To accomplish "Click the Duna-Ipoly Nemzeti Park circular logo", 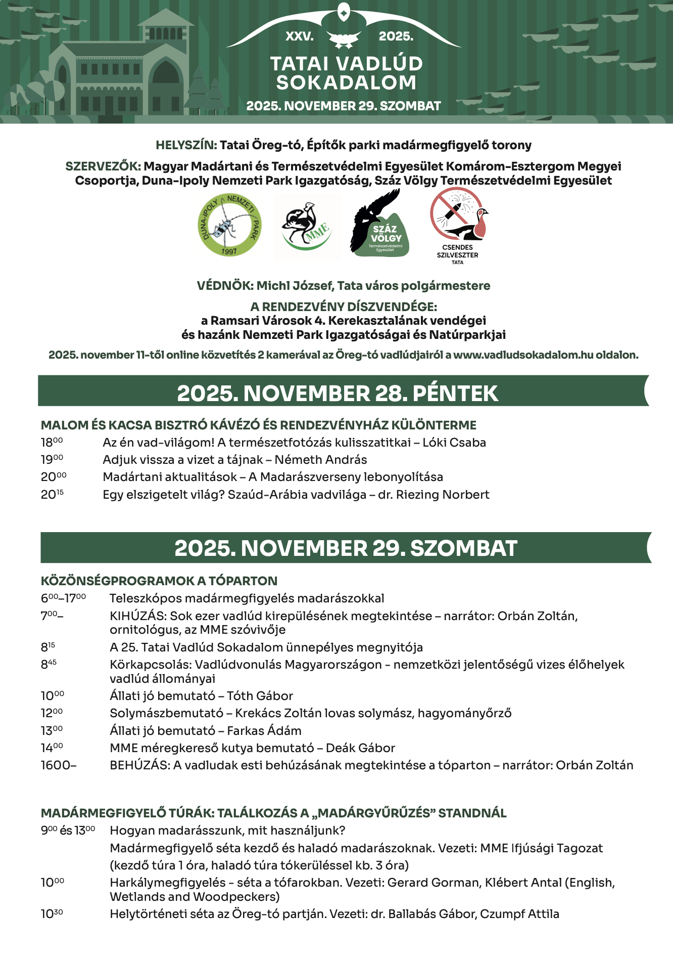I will (x=229, y=225).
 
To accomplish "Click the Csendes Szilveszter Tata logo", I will (x=458, y=225).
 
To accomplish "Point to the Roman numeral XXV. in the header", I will (x=300, y=36).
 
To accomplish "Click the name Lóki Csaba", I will (x=454, y=443).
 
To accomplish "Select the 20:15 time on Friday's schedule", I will (x=52, y=495).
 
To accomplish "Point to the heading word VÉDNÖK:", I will (x=225, y=286).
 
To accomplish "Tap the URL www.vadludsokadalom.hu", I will (x=523, y=355).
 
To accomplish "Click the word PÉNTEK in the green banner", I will (x=455, y=394).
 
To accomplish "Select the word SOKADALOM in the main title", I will (x=346, y=83).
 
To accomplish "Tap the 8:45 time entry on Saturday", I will (x=49, y=665).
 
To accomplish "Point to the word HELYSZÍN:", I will (x=186, y=145).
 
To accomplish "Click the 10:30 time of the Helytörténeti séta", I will (x=52, y=914).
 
